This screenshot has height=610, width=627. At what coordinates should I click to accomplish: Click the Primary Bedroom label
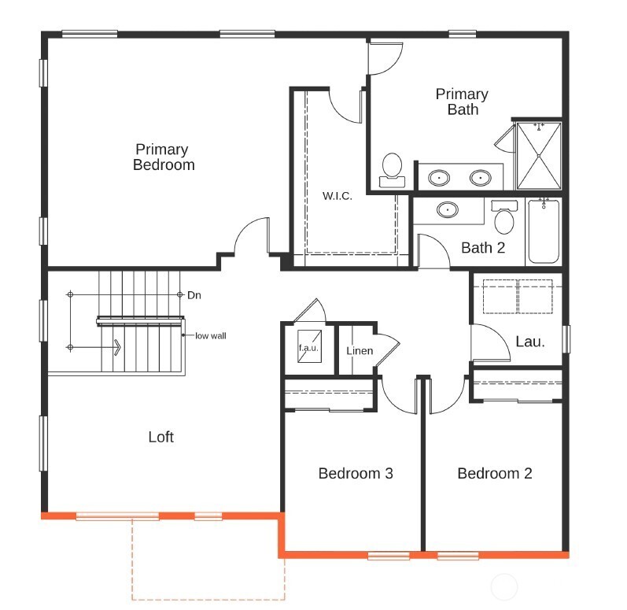click(163, 157)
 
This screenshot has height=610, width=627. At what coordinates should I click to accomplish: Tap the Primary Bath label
click(462, 102)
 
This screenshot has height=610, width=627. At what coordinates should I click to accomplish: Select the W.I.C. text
click(337, 195)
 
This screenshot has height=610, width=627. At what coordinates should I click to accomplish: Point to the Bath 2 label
click(482, 248)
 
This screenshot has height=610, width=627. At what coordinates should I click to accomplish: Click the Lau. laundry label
click(529, 341)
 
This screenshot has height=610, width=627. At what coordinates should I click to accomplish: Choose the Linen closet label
click(360, 349)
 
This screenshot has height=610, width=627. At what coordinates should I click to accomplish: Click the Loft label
click(160, 437)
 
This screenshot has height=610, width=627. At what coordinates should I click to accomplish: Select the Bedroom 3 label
click(356, 473)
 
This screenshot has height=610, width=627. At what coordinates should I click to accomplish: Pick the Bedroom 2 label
click(494, 473)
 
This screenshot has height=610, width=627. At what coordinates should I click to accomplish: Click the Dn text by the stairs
click(194, 295)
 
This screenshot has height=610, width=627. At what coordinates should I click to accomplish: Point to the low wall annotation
click(211, 335)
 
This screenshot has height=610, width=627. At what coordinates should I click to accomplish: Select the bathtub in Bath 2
click(543, 231)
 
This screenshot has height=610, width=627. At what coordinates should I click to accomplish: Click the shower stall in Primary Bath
click(539, 155)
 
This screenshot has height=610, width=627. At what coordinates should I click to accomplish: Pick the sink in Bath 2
click(448, 210)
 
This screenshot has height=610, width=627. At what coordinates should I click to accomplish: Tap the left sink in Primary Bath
click(440, 178)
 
